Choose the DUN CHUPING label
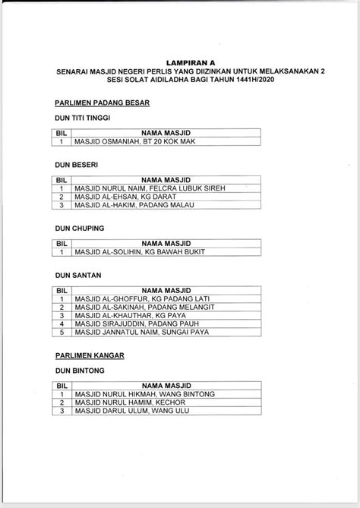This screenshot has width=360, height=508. pos(76,227)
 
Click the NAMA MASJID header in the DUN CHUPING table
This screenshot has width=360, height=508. pos(166,242)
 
